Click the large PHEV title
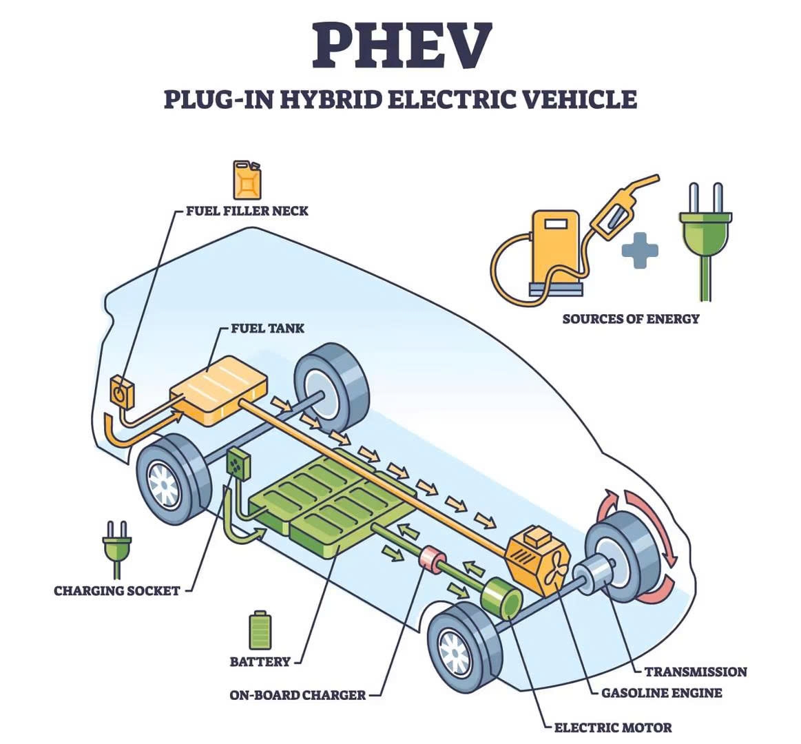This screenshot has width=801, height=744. [x=401, y=45]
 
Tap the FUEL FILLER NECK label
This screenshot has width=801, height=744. [x=247, y=211]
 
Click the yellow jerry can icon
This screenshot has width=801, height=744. [x=247, y=180]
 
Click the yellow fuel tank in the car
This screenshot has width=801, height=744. [x=219, y=390]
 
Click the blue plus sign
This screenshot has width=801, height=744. [x=640, y=249]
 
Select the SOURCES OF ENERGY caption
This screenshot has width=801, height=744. [x=630, y=319]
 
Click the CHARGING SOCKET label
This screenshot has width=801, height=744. [x=116, y=590]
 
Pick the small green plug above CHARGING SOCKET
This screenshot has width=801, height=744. [x=116, y=548]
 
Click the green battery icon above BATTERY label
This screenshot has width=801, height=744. [x=260, y=630]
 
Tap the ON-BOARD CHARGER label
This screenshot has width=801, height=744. [x=297, y=695]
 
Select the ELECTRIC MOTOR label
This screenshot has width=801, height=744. [x=612, y=727]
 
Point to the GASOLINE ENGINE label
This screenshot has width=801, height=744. [x=661, y=693]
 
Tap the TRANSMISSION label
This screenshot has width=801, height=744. [x=695, y=672]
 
